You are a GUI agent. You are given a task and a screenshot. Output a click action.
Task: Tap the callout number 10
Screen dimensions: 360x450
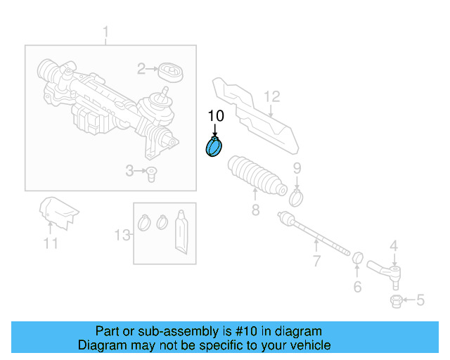[x=215, y=116]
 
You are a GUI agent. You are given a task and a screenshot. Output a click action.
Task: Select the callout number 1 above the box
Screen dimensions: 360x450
[x=106, y=32]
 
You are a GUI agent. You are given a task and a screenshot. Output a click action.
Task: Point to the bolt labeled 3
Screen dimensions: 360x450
[x=150, y=173]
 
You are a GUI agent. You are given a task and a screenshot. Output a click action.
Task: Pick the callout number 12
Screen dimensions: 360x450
[x=272, y=96]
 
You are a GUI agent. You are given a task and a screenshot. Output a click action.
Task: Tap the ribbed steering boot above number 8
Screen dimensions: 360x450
[x=257, y=176]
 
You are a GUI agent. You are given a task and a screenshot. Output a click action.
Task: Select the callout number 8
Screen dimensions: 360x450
[x=255, y=210]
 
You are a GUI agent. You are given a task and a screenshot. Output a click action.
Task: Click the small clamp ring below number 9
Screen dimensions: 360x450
[x=296, y=197]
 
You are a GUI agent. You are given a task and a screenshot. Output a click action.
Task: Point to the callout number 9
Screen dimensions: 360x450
[x=297, y=167]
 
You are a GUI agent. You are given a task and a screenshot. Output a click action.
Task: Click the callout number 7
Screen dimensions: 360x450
[x=316, y=262]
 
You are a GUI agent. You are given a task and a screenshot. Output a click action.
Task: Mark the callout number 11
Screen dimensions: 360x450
[x=50, y=244]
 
